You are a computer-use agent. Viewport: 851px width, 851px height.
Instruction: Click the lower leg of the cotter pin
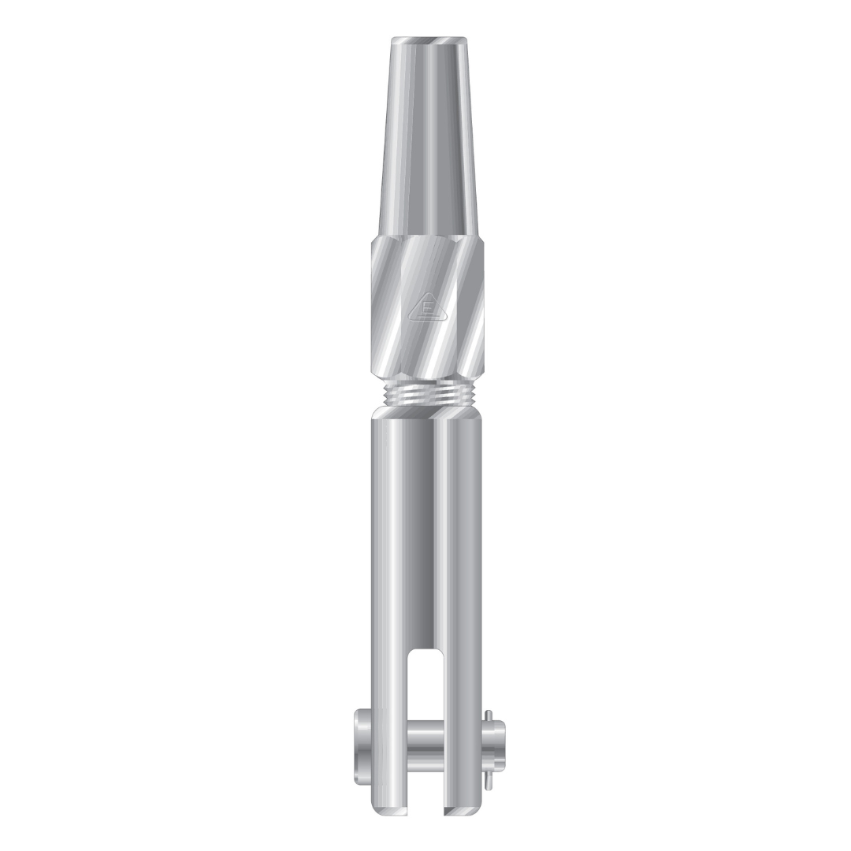490,775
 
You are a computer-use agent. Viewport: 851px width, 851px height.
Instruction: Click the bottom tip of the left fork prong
391,810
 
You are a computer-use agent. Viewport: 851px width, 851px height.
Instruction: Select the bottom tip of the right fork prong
461,810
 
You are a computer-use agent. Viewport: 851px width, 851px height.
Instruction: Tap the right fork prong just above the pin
461,693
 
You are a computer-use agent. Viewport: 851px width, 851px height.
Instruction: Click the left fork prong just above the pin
391,693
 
